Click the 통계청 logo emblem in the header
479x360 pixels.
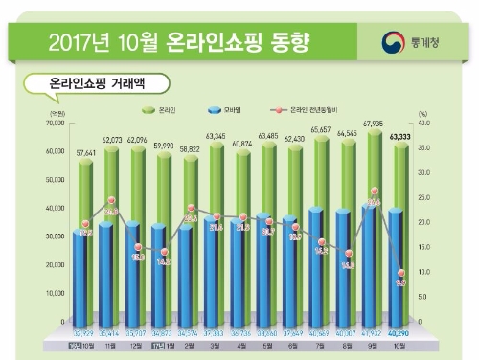[393, 40]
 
